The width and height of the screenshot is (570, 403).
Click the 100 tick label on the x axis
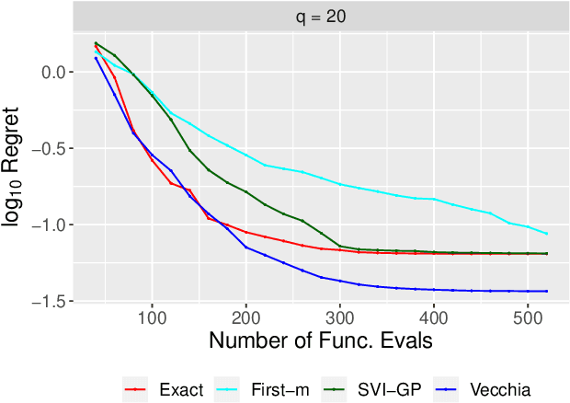152,315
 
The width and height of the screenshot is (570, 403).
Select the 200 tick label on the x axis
245,315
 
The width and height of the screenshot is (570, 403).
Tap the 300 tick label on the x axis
340,315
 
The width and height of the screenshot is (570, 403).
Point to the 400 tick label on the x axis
434,315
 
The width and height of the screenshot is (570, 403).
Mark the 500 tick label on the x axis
529,315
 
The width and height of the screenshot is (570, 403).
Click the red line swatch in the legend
137,389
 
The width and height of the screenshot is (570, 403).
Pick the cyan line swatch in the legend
228,389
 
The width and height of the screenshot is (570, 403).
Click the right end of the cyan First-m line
547,234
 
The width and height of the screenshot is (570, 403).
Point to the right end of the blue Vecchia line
547,291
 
